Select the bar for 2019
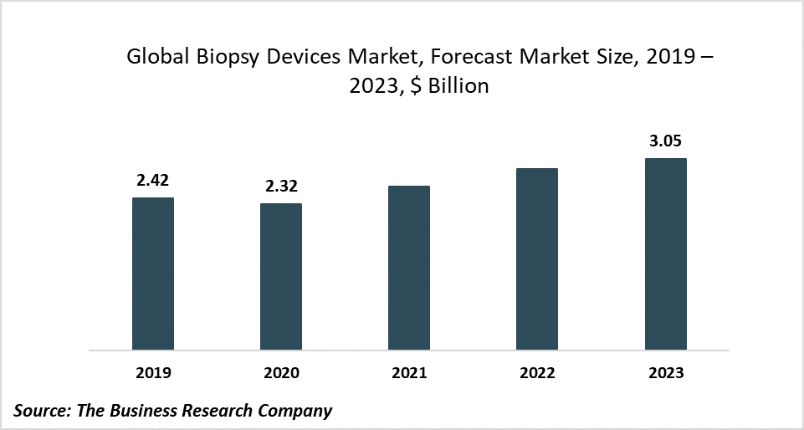[153, 274]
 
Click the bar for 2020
[281, 276]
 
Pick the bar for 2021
[409, 268]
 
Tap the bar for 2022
[537, 259]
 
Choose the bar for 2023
[665, 253]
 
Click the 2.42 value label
[153, 180]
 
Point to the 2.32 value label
[281, 186]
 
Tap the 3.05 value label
[665, 141]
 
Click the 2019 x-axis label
[153, 372]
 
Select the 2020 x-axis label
[281, 372]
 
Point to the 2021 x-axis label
[409, 372]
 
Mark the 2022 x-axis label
[537, 372]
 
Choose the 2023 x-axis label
[665, 372]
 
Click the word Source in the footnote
[40, 410]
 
